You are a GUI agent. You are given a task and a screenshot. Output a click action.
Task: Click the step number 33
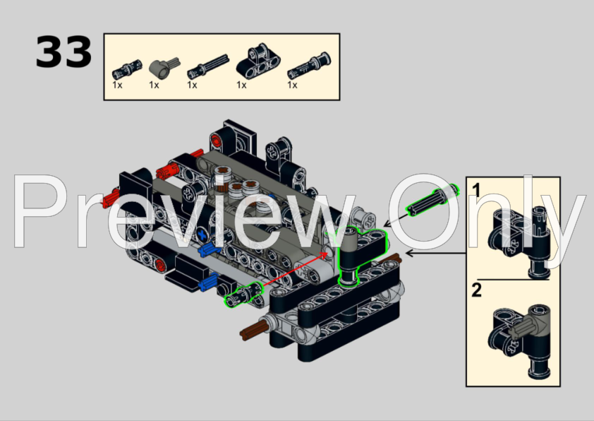tap(63, 53)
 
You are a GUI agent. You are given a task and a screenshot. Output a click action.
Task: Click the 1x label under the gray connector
tap(154, 85)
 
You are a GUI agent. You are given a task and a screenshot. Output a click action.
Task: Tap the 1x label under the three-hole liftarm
tap(241, 85)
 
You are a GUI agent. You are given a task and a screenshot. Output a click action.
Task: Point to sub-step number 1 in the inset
tap(477, 190)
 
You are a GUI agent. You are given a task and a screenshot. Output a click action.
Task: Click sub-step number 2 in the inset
tap(477, 290)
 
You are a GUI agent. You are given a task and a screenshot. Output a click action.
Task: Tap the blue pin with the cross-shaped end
tap(207, 249)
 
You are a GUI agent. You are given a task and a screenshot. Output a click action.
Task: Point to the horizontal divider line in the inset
tap(513, 279)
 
